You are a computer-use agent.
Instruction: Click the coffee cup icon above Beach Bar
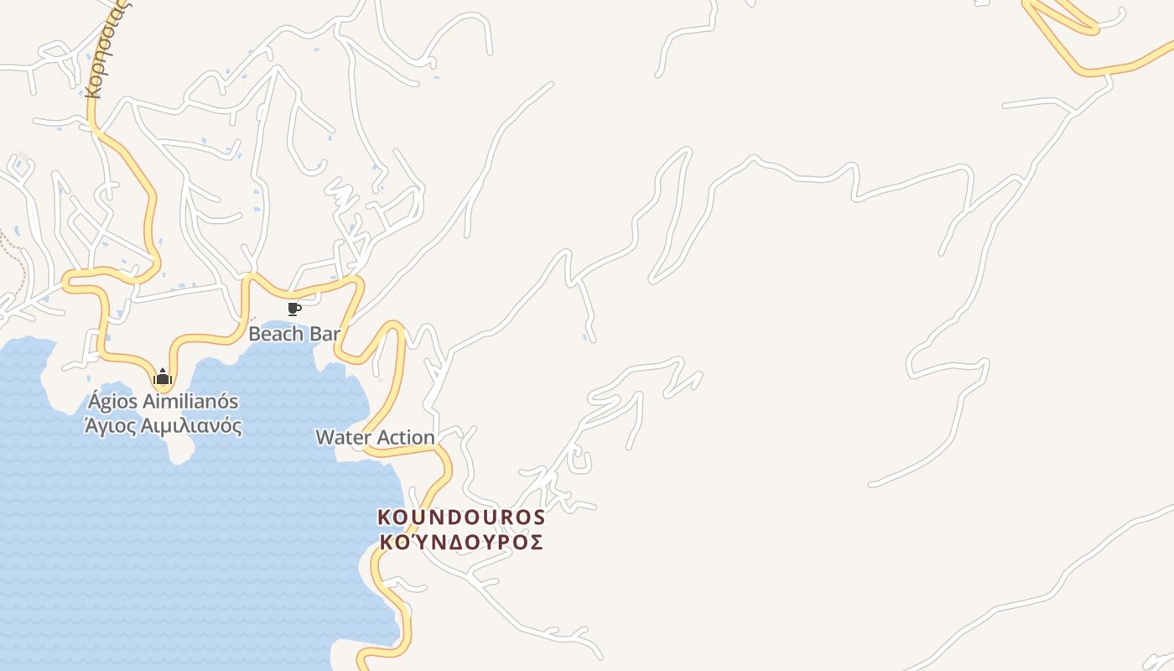point(293,309)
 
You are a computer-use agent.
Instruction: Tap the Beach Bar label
point(294,334)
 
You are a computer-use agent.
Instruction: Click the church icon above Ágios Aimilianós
point(163,377)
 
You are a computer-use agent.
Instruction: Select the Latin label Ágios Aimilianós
point(163,402)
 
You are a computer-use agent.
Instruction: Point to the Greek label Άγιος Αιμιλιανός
point(164,426)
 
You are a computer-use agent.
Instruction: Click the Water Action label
point(375,437)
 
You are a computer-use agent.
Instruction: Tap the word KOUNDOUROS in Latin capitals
point(461,518)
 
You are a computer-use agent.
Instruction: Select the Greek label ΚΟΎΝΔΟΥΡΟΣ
point(461,542)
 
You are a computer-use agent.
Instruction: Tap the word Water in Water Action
point(343,437)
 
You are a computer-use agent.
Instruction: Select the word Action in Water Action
point(406,437)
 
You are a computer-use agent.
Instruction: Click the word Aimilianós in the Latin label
point(190,402)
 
